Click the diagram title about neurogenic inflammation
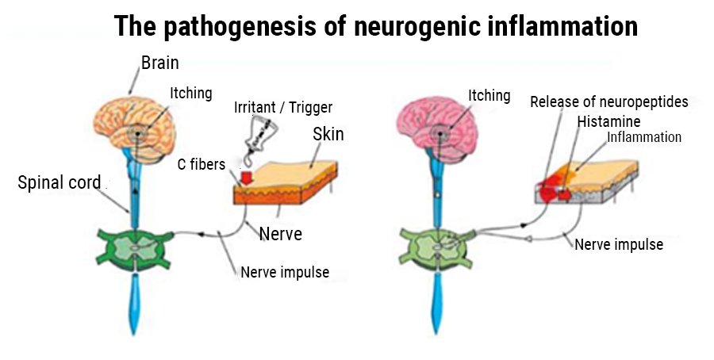pyautogui.click(x=375, y=25)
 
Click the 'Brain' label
pyautogui.click(x=160, y=63)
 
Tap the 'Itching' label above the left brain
pyautogui.click(x=190, y=93)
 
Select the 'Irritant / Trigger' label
pyautogui.click(x=282, y=108)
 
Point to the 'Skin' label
pyautogui.click(x=328, y=133)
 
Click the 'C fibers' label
pyautogui.click(x=202, y=164)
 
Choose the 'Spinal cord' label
pyautogui.click(x=59, y=183)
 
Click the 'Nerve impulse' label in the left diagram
pyautogui.click(x=284, y=273)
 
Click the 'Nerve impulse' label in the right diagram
pyautogui.click(x=618, y=244)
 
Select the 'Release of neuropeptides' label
pyautogui.click(x=608, y=101)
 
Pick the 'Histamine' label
pyautogui.click(x=608, y=121)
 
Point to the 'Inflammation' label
pyautogui.click(x=643, y=137)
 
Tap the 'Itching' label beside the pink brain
pyautogui.click(x=489, y=95)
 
